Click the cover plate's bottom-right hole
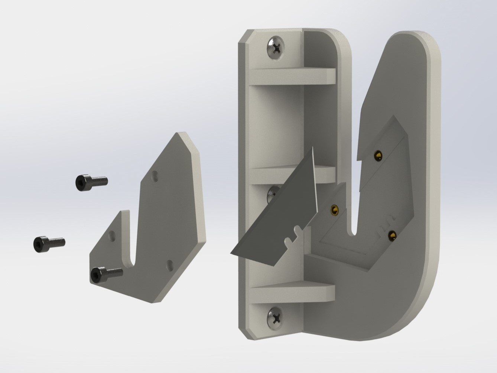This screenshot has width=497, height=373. click(170, 265)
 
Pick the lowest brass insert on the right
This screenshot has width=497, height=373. click(392, 235)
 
